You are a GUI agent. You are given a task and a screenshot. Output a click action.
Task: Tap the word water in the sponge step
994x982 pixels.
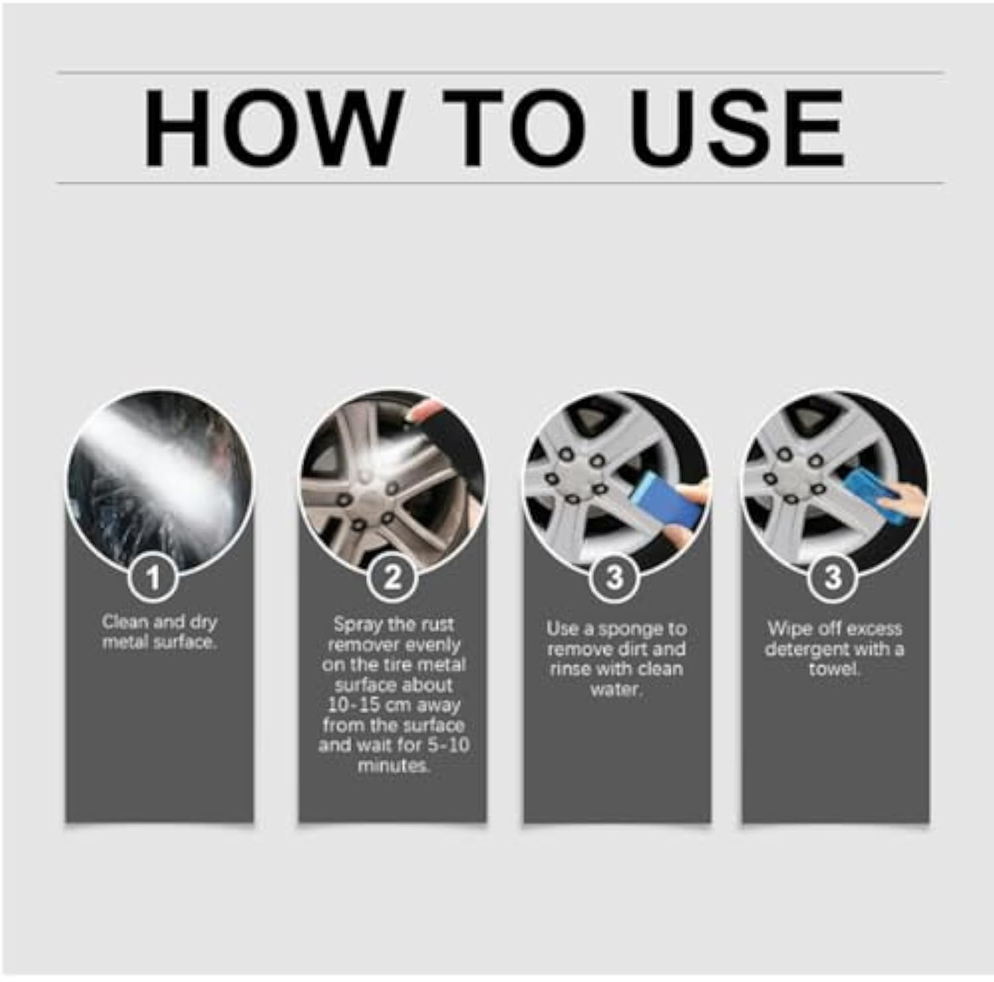616,689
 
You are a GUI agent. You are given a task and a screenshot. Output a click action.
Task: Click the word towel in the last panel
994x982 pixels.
834,669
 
